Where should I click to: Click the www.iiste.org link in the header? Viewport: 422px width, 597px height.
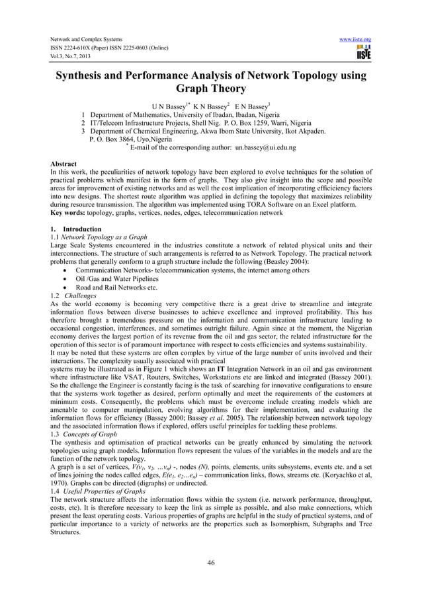[x=355, y=40]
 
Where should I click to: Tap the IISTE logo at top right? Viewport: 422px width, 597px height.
[x=362, y=53]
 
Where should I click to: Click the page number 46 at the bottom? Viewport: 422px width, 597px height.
[x=211, y=563]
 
